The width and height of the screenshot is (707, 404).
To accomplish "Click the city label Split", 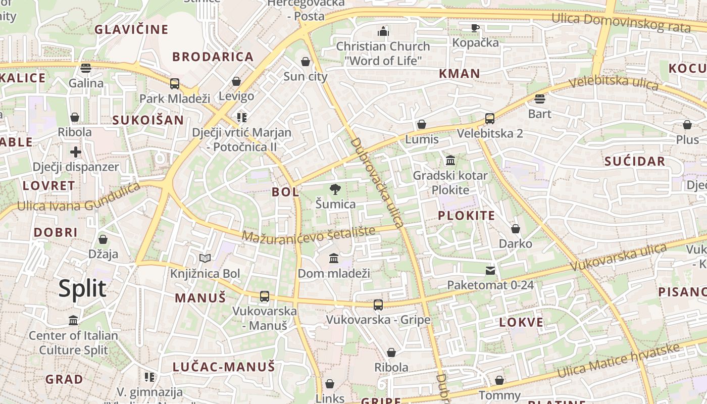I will pyautogui.click(x=82, y=289).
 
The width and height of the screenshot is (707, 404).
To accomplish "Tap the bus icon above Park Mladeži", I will pyautogui.click(x=175, y=84).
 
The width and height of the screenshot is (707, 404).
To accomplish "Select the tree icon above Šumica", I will pyautogui.click(x=335, y=190).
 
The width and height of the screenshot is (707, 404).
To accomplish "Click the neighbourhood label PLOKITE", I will pyautogui.click(x=466, y=216).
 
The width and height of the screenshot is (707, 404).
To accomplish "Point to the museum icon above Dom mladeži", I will pyautogui.click(x=334, y=259).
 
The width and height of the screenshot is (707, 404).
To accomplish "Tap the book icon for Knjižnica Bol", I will pyautogui.click(x=205, y=259).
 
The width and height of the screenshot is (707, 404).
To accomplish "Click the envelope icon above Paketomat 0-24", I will pyautogui.click(x=490, y=271).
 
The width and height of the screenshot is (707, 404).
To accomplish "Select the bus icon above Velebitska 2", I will pyautogui.click(x=490, y=119).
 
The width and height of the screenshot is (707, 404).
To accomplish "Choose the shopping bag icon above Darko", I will pyautogui.click(x=516, y=229).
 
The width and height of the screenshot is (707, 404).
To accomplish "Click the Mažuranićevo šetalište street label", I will pyautogui.click(x=309, y=233).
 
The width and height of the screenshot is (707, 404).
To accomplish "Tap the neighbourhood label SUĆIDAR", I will pyautogui.click(x=635, y=162).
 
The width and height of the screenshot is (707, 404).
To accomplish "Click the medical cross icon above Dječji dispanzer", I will pyautogui.click(x=75, y=152).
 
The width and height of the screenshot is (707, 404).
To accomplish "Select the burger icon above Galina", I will pyautogui.click(x=86, y=68).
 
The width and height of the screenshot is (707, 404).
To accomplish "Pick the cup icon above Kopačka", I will pyautogui.click(x=475, y=28).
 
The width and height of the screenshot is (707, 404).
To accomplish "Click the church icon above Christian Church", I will pyautogui.click(x=383, y=31).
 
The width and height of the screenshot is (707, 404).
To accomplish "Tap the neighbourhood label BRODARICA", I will pyautogui.click(x=213, y=57).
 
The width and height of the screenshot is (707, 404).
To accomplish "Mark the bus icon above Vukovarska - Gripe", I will pyautogui.click(x=378, y=305).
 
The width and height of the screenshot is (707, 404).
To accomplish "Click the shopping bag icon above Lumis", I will pyautogui.click(x=422, y=124).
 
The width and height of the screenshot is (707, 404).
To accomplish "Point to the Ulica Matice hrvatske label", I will pyautogui.click(x=619, y=360).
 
